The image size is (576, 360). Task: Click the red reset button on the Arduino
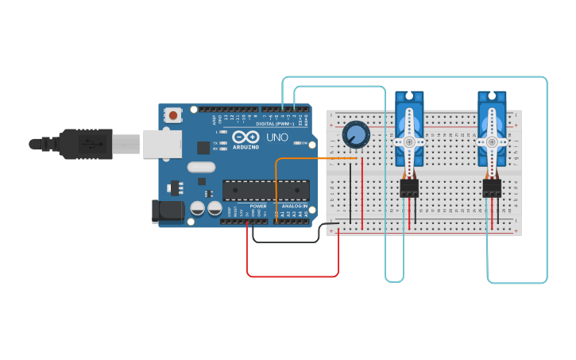pyautogui.click(x=172, y=115)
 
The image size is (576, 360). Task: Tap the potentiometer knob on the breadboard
pyautogui.click(x=356, y=134)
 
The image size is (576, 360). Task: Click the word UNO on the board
pyautogui.click(x=276, y=137)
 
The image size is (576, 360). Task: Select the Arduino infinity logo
pyautogui.click(x=245, y=137)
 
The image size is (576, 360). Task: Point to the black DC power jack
pyautogui.click(x=164, y=210)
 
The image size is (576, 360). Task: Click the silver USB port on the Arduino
pyautogui.click(x=161, y=144)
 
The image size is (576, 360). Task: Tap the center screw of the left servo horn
pyautogui.click(x=409, y=141)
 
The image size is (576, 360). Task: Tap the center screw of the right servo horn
pyautogui.click(x=492, y=141)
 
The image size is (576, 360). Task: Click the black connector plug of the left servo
pyautogui.click(x=409, y=188)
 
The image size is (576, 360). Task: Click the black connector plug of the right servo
pyautogui.click(x=492, y=188)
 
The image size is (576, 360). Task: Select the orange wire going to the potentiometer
pyautogui.click(x=302, y=159)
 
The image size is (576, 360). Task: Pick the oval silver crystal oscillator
pyautogui.click(x=202, y=168)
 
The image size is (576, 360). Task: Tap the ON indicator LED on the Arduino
pyautogui.click(x=296, y=143)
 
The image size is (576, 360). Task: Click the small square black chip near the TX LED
pyautogui.click(x=203, y=147)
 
